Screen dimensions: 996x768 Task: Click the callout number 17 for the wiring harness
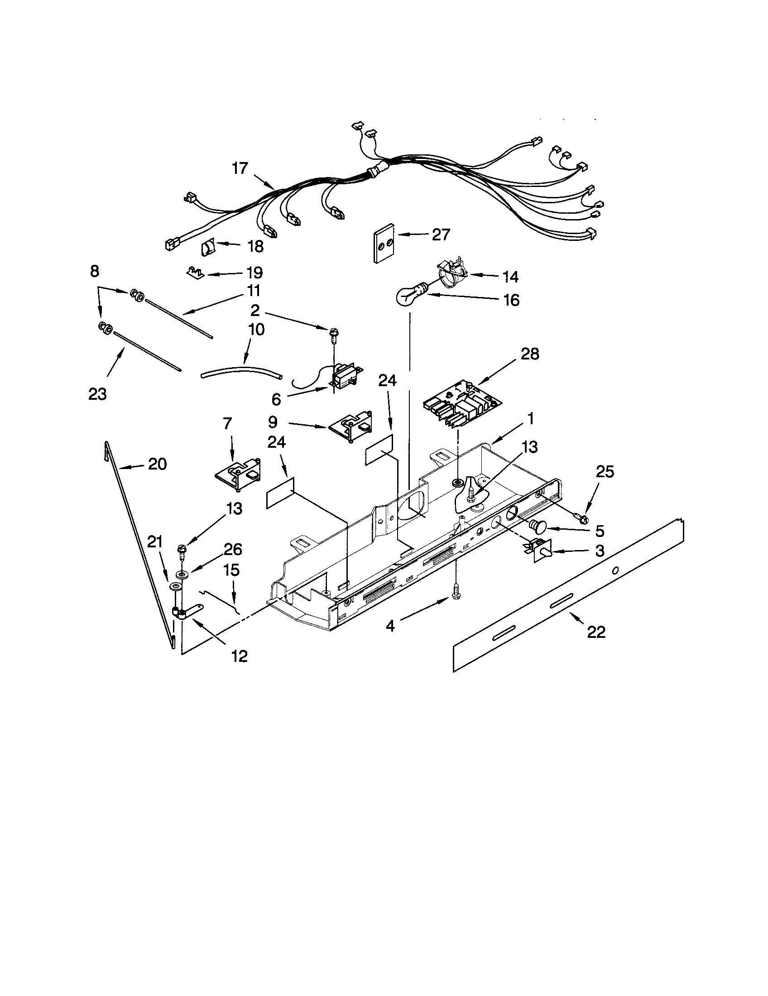pyautogui.click(x=240, y=168)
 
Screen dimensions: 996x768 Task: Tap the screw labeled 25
pyautogui.click(x=581, y=517)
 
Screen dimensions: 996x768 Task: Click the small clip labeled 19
pyautogui.click(x=195, y=273)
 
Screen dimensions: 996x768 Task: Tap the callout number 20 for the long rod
pyautogui.click(x=157, y=464)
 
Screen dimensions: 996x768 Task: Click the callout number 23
pyautogui.click(x=97, y=393)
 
